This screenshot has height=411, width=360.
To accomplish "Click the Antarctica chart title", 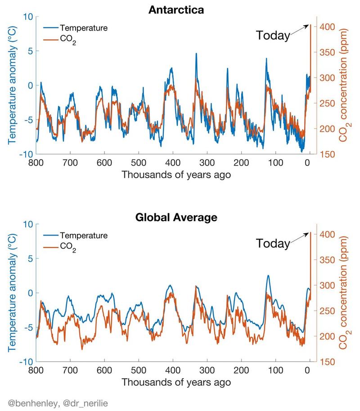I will [x=176, y=9].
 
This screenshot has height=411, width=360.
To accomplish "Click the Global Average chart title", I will [x=176, y=218].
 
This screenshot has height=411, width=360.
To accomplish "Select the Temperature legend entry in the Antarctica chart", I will [x=83, y=28].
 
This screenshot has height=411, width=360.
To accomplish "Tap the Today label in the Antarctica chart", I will [x=273, y=36].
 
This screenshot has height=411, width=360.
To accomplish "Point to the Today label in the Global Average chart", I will [x=273, y=244].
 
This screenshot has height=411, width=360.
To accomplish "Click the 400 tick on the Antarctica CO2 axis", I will [x=326, y=27].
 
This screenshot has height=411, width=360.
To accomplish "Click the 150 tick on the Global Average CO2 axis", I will [x=326, y=362].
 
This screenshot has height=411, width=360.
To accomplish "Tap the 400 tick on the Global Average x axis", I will [x=173, y=370].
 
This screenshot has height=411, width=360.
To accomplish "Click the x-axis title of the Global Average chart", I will [x=176, y=383].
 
